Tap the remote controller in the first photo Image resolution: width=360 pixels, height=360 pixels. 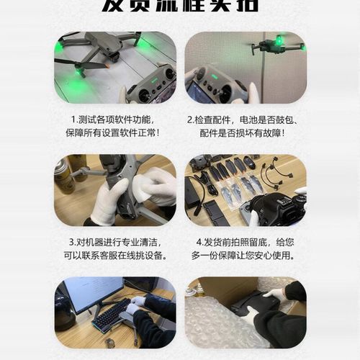point(152,82)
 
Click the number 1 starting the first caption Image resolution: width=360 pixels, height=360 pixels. point(73,120)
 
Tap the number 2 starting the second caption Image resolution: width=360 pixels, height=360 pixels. point(189,120)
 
